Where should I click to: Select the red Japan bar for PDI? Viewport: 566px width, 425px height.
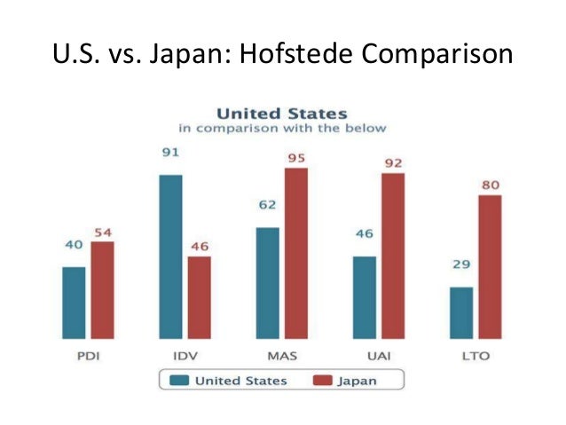[102, 289]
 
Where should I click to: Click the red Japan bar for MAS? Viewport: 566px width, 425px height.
[295, 252]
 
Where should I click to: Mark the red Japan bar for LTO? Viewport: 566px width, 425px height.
[490, 266]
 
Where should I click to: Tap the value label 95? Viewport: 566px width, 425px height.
[295, 157]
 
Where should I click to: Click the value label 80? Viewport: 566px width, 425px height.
[490, 185]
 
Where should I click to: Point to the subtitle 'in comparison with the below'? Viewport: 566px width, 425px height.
[282, 128]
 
